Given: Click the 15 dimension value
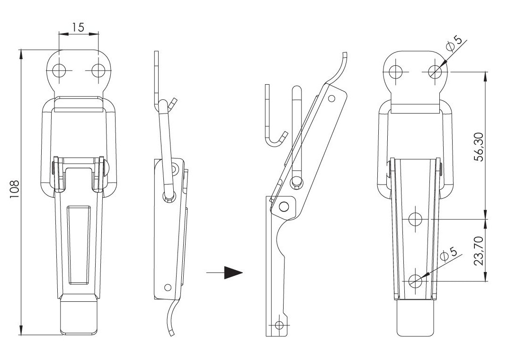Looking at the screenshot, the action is (78, 27).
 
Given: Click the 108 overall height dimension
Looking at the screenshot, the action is (15, 190).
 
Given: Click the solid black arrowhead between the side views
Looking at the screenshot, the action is (233, 272).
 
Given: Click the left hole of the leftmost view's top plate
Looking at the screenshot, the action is (60, 70).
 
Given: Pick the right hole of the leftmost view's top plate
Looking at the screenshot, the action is (98, 70).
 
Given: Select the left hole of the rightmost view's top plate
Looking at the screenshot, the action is (396, 71).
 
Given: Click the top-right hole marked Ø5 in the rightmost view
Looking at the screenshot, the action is (435, 71).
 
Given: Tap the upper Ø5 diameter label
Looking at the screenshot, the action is (454, 44).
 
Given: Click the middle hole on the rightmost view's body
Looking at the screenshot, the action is (415, 219).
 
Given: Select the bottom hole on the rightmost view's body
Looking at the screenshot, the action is (416, 281).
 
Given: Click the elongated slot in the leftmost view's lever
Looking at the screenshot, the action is (79, 245).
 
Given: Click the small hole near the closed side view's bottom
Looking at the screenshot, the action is (168, 287).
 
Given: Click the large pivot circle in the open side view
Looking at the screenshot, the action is (284, 206).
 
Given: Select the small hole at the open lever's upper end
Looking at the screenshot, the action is (331, 98).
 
